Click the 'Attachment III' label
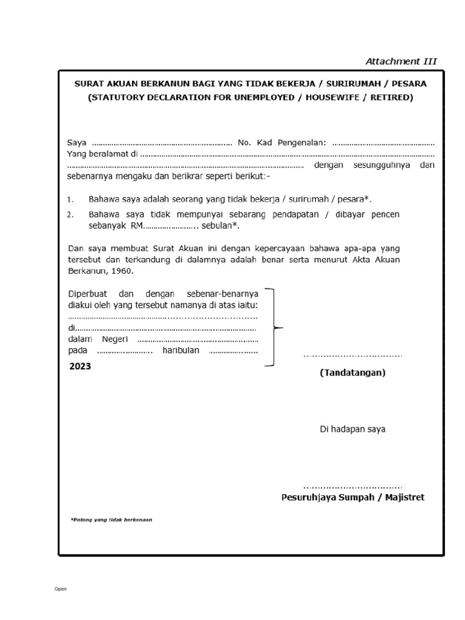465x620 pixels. pyautogui.click(x=401, y=61)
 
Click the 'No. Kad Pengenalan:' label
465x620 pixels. pyautogui.click(x=282, y=143)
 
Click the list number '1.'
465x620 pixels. pyautogui.click(x=70, y=199)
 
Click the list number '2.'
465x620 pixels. pyautogui.click(x=70, y=215)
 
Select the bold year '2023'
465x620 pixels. pyautogui.click(x=80, y=366)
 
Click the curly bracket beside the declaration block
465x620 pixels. pyautogui.click(x=275, y=328)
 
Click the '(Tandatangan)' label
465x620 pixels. pyautogui.click(x=352, y=373)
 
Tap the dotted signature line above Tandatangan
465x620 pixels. pyautogui.click(x=352, y=356)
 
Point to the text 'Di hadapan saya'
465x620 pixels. pyautogui.click(x=352, y=429)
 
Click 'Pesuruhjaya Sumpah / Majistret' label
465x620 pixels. pyautogui.click(x=353, y=497)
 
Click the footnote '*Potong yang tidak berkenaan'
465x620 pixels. pyautogui.click(x=111, y=519)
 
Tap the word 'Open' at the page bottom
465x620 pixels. pyautogui.click(x=61, y=589)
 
